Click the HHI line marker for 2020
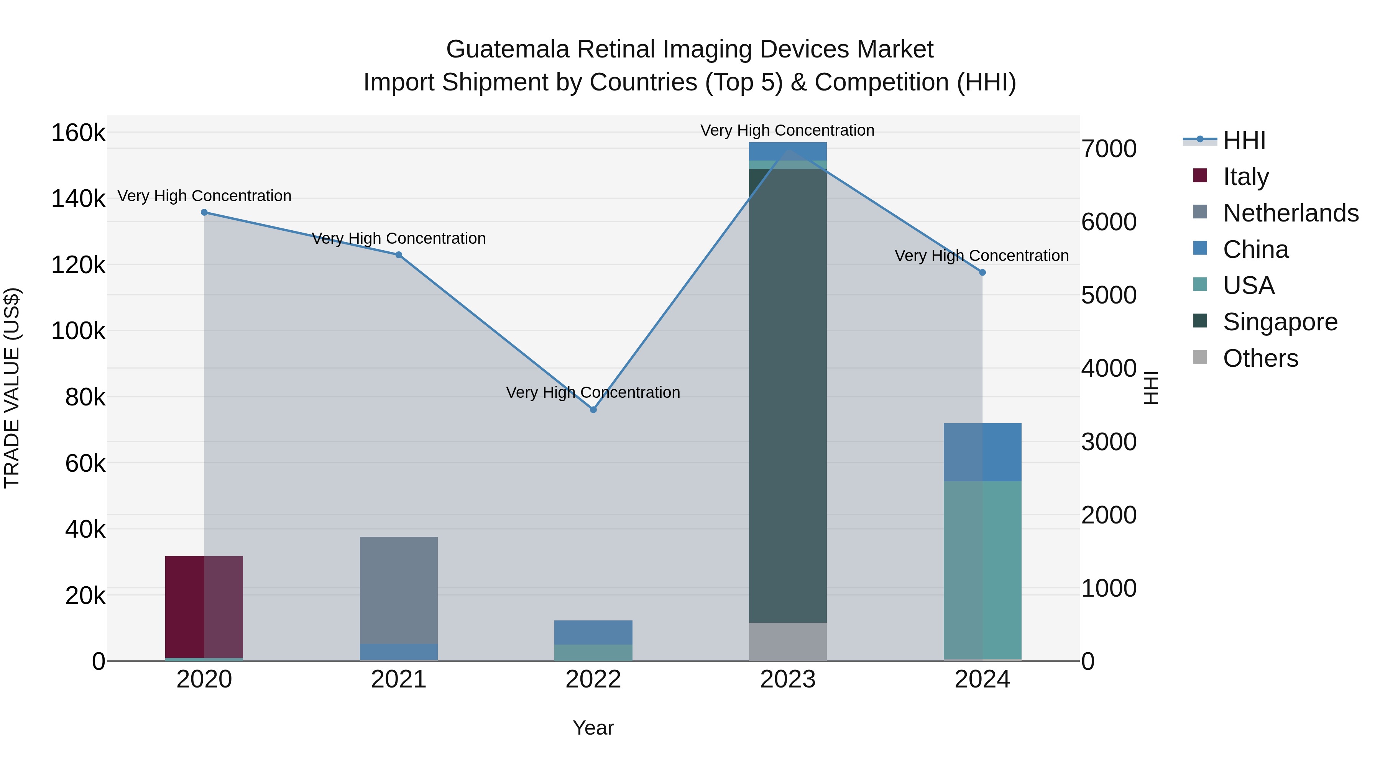[x=204, y=213]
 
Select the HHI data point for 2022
[x=593, y=410]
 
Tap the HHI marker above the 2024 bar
[x=982, y=272]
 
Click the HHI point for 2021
[x=399, y=255]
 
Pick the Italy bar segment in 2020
[x=204, y=607]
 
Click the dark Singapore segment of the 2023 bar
[x=787, y=396]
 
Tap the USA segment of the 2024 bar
[x=982, y=570]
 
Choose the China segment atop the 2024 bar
[x=982, y=452]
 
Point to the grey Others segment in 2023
[x=787, y=641]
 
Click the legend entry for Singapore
[x=1280, y=322]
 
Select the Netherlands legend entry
[x=1291, y=213]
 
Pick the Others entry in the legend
[x=1260, y=358]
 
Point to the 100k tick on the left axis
[x=78, y=331]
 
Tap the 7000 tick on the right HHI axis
[x=1108, y=149]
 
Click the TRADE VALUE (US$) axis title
[x=12, y=388]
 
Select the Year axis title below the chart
[x=593, y=728]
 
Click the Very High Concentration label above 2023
[x=787, y=130]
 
